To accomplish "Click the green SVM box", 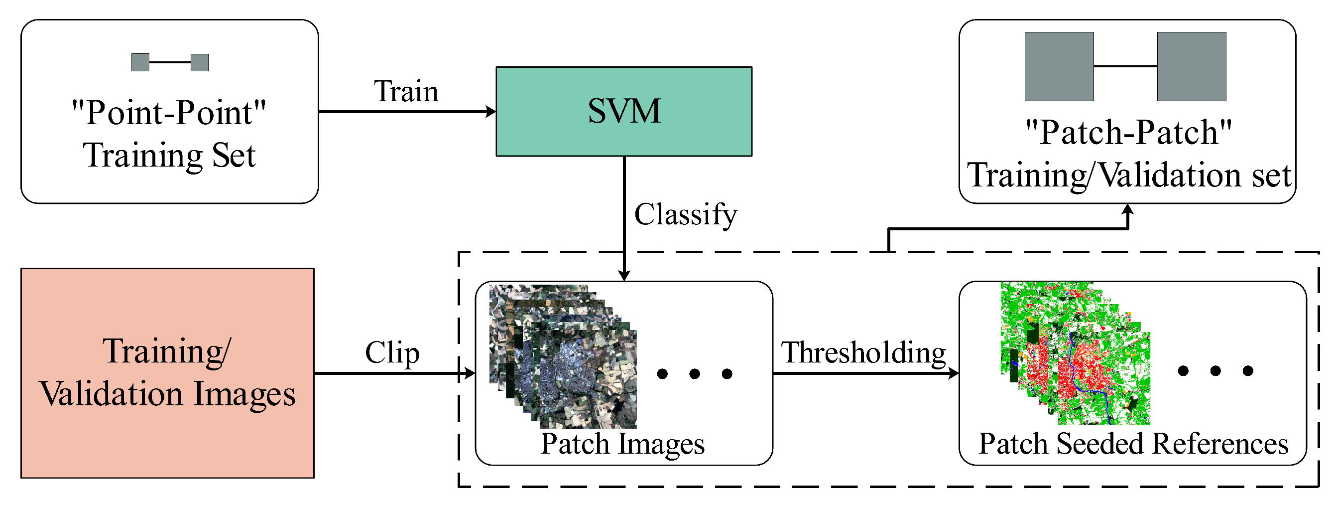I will pos(623,112).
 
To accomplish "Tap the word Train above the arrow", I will pos(406,92).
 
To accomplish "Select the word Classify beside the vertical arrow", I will pos(685,214).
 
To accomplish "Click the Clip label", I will pos(392,353).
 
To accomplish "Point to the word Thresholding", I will pos(863,353).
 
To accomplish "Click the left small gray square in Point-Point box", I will pos(140,62).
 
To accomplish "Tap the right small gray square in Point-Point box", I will pos(199,62).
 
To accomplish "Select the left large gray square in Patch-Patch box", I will pos(1059,66).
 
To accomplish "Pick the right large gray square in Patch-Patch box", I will pos(1191,66).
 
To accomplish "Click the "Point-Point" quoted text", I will pos(169,113).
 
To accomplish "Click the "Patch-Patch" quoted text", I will pos(1128,132).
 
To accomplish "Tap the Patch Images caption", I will pos(622,444).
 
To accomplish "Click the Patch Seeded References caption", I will pos(1133,444).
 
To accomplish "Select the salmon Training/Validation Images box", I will pos(167,373).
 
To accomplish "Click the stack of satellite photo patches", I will pos(563,357).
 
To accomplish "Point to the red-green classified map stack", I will pos(1076,353).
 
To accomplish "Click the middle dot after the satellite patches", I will pos(695,374).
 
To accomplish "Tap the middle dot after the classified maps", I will pos(1215,371).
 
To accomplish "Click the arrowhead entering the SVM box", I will pos(491,112).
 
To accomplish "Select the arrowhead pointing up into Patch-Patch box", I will pos(1128,209).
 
